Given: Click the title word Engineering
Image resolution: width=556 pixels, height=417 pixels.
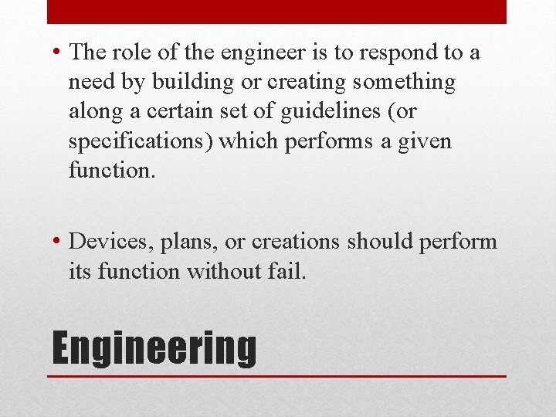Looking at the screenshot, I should pyautogui.click(x=154, y=348).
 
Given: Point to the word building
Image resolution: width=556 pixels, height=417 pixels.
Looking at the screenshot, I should pyautogui.click(x=183, y=82).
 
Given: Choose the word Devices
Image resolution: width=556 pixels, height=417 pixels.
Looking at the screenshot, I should pyautogui.click(x=112, y=242).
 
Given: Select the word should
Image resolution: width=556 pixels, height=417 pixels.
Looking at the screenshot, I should pyautogui.click(x=381, y=242).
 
